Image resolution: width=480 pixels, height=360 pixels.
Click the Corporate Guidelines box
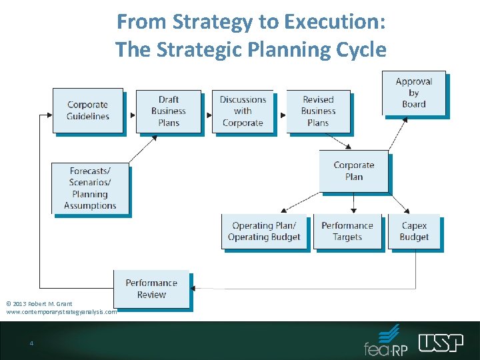coord(88,111)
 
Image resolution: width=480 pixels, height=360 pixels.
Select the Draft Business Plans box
coord(169,111)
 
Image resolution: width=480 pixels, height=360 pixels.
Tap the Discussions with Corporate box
coord(243,111)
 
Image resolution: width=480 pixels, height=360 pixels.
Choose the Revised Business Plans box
coord(318,111)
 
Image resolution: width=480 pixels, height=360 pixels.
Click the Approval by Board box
coord(413,93)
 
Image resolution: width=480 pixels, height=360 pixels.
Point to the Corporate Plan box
coord(353,171)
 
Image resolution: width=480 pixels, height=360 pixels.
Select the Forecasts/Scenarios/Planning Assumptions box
coord(90,188)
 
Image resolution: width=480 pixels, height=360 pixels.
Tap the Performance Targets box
coord(347,231)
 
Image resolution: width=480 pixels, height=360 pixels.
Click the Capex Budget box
coord(414,231)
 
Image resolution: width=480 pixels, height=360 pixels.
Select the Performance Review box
coord(151,289)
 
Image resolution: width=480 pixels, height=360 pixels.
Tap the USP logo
coord(441,343)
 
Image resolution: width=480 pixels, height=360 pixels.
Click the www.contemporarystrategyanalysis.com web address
coord(61,311)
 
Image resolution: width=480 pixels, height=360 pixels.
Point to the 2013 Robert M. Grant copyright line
coord(39,304)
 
